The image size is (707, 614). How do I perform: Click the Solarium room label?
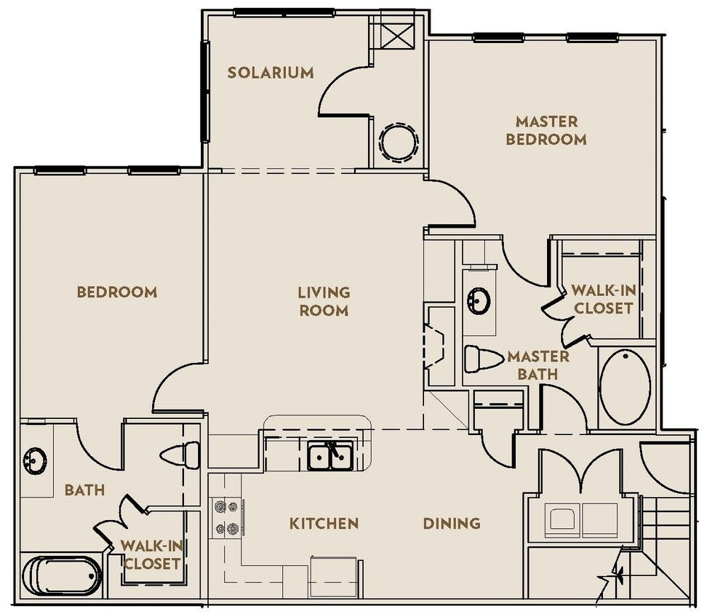(x=270, y=73)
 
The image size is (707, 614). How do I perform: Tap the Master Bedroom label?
(x=546, y=130)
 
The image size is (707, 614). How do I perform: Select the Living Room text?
(x=324, y=301)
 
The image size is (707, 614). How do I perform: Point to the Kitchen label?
(x=324, y=523)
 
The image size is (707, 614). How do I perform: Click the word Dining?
(x=452, y=523)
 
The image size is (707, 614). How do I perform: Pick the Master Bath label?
(x=538, y=365)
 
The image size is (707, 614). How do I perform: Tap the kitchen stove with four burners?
(x=225, y=517)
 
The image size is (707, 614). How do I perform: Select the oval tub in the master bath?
(x=626, y=387)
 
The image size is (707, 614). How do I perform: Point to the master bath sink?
(x=479, y=300)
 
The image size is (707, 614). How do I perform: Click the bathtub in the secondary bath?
(x=61, y=575)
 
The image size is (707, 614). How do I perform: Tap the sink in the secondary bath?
(x=34, y=460)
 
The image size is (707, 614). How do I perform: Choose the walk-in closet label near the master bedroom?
(x=603, y=299)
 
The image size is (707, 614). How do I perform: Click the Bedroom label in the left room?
(x=116, y=292)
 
